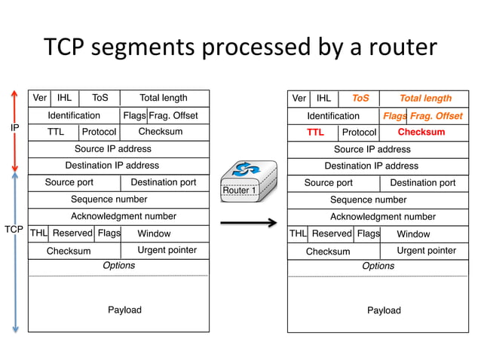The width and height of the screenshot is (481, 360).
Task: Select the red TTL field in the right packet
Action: pyautogui.click(x=314, y=133)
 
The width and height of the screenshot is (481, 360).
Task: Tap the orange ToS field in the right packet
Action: pyautogui.click(x=360, y=98)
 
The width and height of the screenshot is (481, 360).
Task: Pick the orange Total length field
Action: pyautogui.click(x=425, y=98)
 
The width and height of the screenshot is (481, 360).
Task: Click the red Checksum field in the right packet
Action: pyautogui.click(x=421, y=133)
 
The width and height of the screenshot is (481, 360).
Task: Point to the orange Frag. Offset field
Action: pyautogui.click(x=437, y=116)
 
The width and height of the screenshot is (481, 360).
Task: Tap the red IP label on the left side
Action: pyautogui.click(x=14, y=129)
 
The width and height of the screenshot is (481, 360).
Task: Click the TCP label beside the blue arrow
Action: pyautogui.click(x=14, y=228)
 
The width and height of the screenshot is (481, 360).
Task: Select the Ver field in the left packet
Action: pyautogui.click(x=39, y=98)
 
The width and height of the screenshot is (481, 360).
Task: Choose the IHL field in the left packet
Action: pyautogui.click(x=65, y=98)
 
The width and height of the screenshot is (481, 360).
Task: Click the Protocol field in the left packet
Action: pyautogui.click(x=99, y=132)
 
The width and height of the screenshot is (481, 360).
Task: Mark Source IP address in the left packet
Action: pyautogui.click(x=113, y=148)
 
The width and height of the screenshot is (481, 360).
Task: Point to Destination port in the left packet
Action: pyautogui.click(x=164, y=182)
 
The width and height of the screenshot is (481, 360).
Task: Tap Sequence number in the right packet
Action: pyautogui.click(x=368, y=200)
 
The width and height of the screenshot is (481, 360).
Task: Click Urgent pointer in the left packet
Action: pyautogui.click(x=167, y=250)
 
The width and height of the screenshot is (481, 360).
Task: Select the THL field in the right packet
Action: pyautogui.click(x=297, y=233)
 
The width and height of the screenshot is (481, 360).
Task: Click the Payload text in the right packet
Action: pyautogui.click(x=384, y=310)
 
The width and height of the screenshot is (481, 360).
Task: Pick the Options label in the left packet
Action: pyautogui.click(x=118, y=265)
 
